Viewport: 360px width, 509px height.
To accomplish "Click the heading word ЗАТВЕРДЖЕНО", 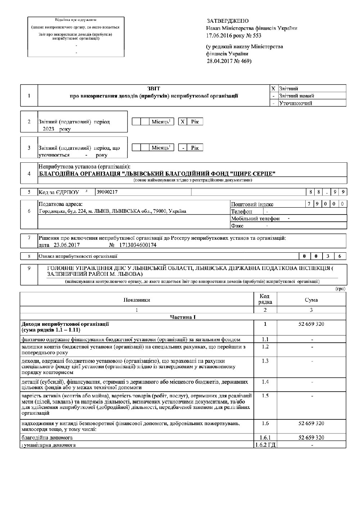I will [228, 21].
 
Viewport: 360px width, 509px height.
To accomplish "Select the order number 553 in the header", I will [257, 36].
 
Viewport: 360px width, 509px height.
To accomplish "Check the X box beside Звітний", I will [274, 89].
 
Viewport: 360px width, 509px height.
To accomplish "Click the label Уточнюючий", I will [296, 103].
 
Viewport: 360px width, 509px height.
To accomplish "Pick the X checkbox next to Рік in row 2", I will [183, 122].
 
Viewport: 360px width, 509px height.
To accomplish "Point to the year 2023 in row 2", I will [48, 129].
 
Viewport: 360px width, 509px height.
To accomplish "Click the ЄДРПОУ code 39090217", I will [107, 192].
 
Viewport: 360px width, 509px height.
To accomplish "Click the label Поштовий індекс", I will [252, 204].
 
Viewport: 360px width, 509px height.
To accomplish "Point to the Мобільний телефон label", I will [255, 219].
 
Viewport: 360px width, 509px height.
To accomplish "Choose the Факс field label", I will [237, 226].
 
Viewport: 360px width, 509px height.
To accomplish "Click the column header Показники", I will [136, 299].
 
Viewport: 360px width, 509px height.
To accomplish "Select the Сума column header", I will [311, 299].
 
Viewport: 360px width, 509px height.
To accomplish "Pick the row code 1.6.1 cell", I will [265, 438].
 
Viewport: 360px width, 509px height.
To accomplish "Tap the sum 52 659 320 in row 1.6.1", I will [311, 438].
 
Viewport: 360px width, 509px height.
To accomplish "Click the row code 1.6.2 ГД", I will [265, 445].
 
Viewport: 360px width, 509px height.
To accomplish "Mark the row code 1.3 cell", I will [265, 361].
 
